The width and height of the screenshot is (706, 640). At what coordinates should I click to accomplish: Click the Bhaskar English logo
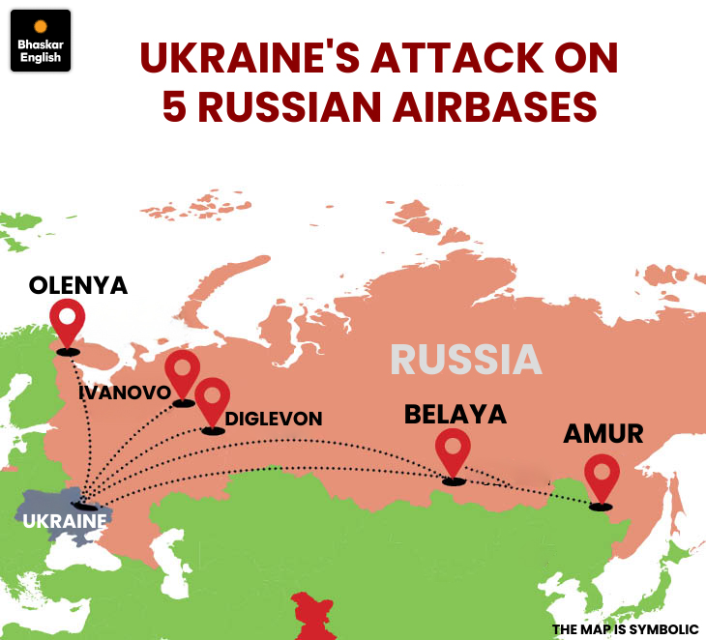click(40, 42)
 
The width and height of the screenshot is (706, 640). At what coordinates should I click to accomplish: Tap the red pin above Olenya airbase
click(68, 320)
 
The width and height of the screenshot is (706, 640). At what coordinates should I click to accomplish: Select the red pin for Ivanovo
click(182, 372)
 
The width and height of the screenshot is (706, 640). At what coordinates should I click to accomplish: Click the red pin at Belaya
click(453, 450)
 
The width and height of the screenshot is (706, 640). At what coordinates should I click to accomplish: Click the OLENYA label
click(78, 285)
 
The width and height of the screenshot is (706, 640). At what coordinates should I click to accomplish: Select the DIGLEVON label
click(274, 420)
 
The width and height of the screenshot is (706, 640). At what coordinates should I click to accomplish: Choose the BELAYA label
click(456, 415)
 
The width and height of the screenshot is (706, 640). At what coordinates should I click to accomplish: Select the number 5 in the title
click(175, 106)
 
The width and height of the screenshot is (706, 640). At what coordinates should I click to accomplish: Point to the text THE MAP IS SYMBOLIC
click(625, 629)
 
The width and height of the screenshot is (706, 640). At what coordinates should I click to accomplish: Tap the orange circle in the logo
click(41, 27)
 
